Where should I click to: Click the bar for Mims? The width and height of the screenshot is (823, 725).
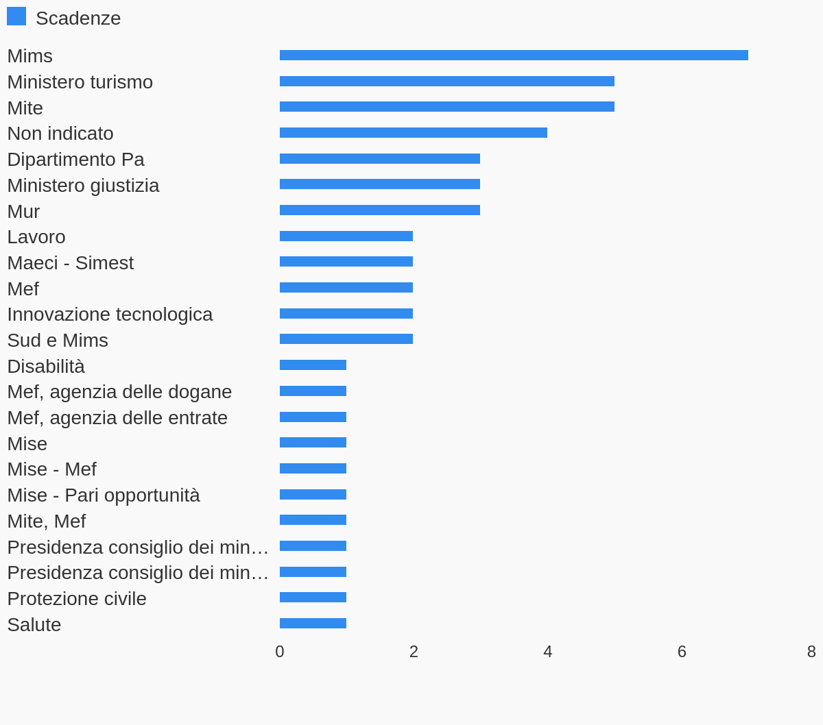click(x=514, y=56)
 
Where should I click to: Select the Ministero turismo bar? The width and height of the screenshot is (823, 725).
click(x=447, y=82)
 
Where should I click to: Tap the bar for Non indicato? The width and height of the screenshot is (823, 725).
click(x=414, y=133)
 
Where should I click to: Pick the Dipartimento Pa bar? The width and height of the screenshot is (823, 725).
click(x=380, y=159)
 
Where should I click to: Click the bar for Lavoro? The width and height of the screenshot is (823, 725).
click(x=346, y=236)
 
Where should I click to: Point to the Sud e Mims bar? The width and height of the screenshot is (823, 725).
click(x=346, y=339)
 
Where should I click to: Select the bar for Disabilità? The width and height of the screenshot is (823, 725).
click(x=313, y=365)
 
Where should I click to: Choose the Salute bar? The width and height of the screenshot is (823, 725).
click(x=313, y=624)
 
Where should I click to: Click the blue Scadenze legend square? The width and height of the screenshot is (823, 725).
click(x=16, y=16)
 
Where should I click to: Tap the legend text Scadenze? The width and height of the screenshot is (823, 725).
click(x=78, y=19)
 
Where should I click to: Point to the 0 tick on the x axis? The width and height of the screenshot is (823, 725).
click(x=280, y=652)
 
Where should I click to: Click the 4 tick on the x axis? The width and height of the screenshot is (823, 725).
click(x=548, y=652)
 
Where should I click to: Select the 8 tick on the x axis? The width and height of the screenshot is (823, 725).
click(x=811, y=652)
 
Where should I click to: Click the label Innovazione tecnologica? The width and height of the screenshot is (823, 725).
click(x=110, y=315)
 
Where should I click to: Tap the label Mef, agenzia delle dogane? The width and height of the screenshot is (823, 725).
click(x=119, y=392)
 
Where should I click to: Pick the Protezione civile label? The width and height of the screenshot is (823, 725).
click(x=77, y=599)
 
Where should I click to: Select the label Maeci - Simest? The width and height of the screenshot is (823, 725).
click(x=70, y=263)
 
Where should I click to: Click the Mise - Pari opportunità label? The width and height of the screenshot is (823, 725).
click(x=104, y=495)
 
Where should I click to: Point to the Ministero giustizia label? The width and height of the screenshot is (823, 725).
click(x=83, y=186)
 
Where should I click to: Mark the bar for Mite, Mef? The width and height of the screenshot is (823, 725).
click(x=313, y=520)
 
